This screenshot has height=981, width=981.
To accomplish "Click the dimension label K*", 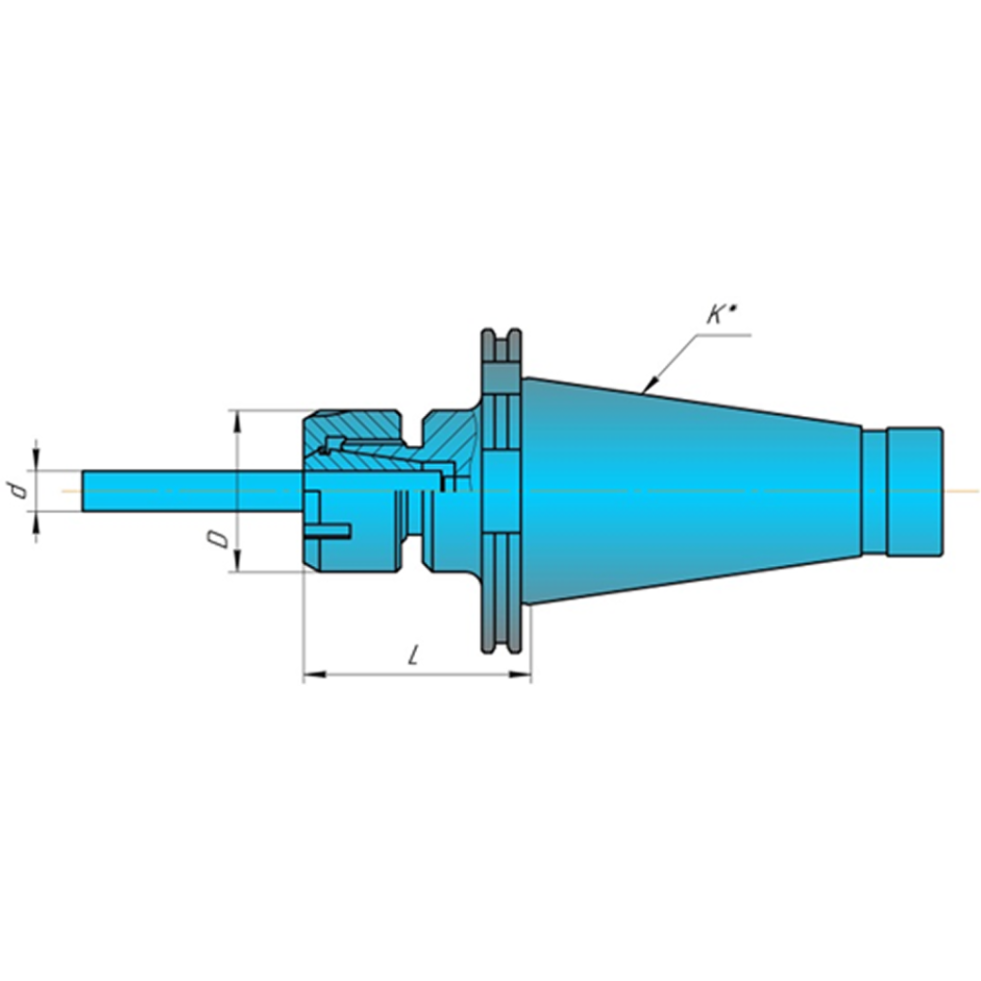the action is tap(721, 315).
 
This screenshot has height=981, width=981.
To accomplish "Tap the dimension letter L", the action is tap(413, 656).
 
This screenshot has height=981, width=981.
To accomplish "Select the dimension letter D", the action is tap(219, 538).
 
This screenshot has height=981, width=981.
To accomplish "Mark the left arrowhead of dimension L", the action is tap(315, 675).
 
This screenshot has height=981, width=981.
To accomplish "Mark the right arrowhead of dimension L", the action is tap(520, 675).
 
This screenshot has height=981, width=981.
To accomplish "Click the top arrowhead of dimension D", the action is tap(237, 422).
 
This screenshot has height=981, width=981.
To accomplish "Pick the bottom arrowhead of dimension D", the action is tap(237, 560).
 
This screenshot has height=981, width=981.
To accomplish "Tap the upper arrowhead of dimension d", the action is tap(36, 460).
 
